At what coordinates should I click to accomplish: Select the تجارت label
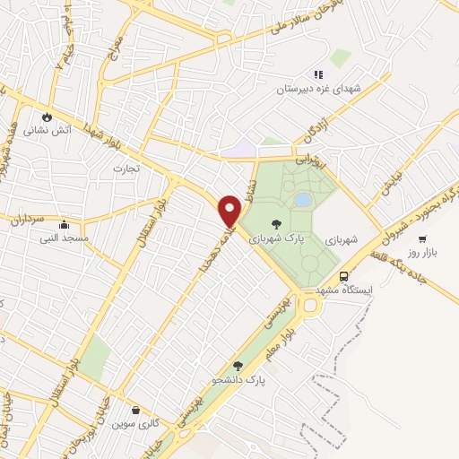123,167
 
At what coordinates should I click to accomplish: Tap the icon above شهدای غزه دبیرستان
316,74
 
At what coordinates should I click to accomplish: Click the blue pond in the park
303,198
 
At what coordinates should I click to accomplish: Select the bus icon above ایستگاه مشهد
345,277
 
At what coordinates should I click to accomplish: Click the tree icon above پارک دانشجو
238,365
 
